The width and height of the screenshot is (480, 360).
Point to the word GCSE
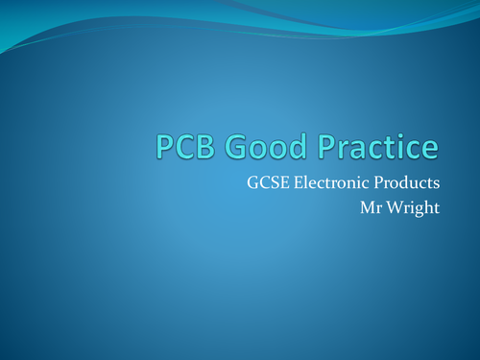[x=265, y=183]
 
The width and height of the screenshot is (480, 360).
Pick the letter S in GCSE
[x=269, y=183]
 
